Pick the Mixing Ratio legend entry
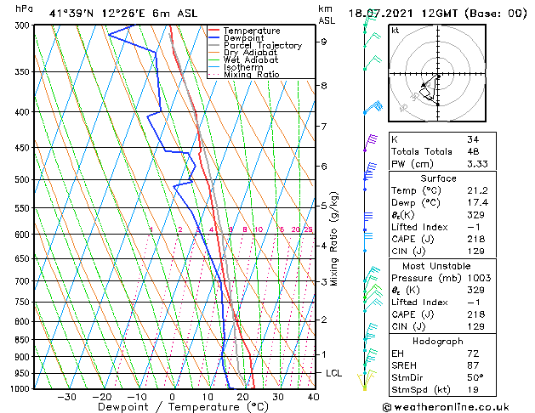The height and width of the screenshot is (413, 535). [x=251, y=75]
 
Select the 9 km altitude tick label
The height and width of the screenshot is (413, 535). [x=324, y=41]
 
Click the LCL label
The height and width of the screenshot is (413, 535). [x=334, y=373]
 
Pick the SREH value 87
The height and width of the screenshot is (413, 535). [x=472, y=365]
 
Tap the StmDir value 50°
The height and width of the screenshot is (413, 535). [x=475, y=377]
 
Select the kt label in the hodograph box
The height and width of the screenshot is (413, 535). [x=396, y=30]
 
